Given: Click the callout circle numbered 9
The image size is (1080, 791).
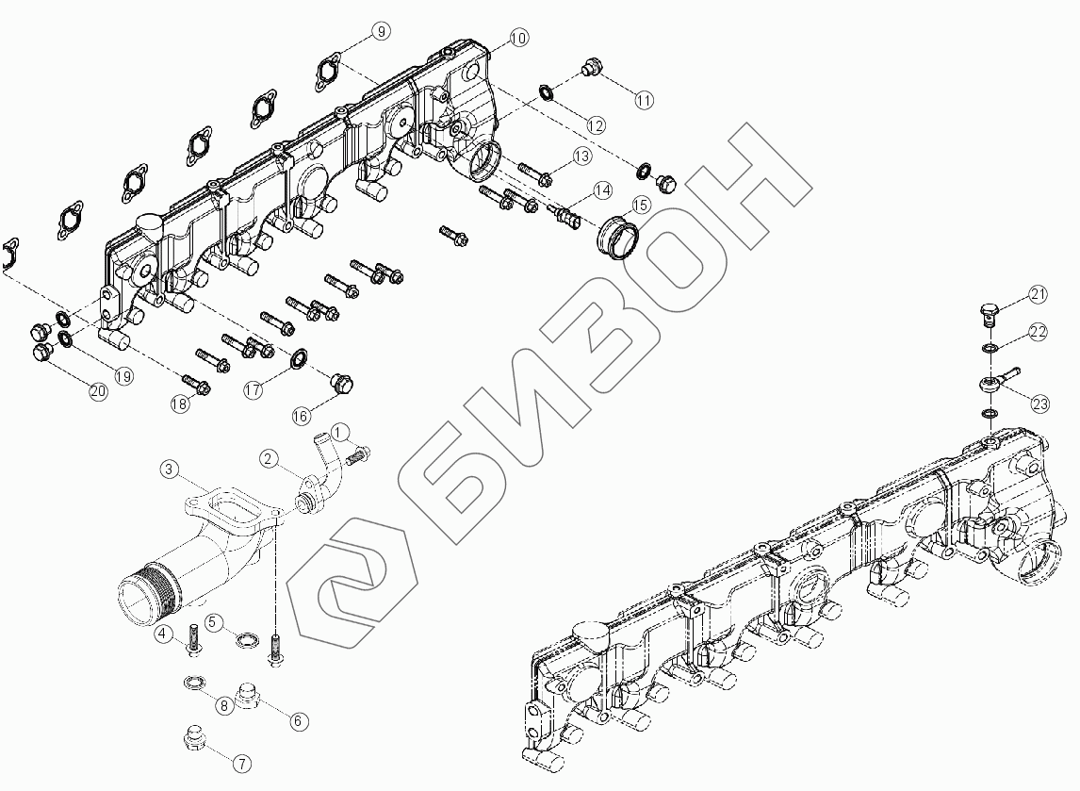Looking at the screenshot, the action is click(380, 32).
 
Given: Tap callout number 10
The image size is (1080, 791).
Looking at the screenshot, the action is click(518, 38).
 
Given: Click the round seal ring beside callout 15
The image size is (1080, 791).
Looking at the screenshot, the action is click(616, 236).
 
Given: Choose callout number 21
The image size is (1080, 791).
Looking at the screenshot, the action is click(1038, 295).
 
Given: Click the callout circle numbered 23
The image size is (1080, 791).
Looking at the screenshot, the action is click(1039, 404).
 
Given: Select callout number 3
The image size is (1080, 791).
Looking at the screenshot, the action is click(168, 469).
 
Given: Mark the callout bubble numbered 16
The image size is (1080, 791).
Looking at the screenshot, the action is click(302, 416).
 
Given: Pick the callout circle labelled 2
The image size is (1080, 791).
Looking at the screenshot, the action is click(270, 459).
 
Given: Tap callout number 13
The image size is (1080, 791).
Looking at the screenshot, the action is click(581, 156).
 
